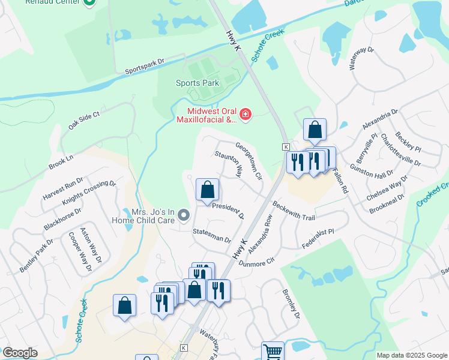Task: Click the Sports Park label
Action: [197, 83]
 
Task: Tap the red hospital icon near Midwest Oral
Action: [245, 114]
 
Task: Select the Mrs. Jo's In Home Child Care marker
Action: [185, 214]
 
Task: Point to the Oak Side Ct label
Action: [83, 120]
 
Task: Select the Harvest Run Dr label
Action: [63, 190]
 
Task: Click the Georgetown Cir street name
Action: [249, 161]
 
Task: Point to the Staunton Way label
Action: [229, 163]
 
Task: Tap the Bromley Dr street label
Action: [291, 304]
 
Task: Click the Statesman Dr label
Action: [212, 235]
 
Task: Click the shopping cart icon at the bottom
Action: [273, 350]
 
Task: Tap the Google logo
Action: [20, 353]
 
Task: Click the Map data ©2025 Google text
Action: [412, 355]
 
